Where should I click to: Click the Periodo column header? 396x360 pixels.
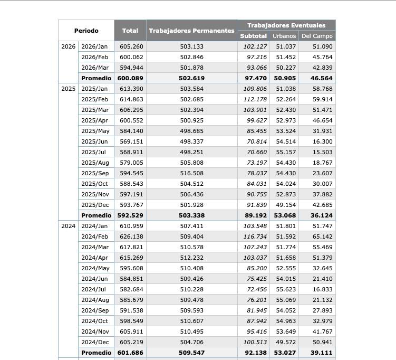86,31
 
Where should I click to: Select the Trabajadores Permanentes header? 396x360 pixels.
191,31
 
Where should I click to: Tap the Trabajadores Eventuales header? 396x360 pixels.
286,25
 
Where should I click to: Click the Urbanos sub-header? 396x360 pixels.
284,36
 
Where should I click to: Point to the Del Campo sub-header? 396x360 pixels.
317,36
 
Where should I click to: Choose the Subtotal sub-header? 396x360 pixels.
254,36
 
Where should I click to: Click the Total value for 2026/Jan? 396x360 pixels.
131,46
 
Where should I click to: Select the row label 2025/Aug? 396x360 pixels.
95,163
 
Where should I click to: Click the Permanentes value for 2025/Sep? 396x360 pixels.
191,173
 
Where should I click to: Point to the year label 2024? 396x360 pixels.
68,226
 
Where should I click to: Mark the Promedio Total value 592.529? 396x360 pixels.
130,215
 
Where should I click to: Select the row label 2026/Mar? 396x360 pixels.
95,68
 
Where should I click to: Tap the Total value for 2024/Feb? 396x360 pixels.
131,236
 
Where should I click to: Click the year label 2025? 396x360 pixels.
68,89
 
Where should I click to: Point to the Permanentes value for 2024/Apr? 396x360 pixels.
191,258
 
